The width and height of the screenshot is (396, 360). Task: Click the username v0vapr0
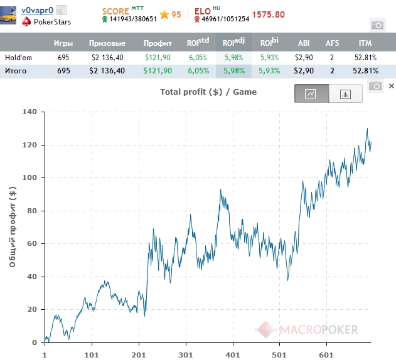(x=37, y=10)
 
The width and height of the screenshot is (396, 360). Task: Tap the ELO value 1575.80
(x=269, y=14)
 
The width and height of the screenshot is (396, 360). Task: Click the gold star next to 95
(x=165, y=14)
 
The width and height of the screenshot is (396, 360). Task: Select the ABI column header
(x=304, y=43)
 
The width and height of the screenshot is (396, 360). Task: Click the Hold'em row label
(x=18, y=57)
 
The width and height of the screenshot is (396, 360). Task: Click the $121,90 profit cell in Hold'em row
(x=158, y=57)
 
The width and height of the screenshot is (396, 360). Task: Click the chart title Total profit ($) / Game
(x=208, y=92)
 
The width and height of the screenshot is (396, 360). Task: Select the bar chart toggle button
(x=345, y=93)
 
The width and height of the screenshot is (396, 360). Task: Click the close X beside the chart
(x=391, y=86)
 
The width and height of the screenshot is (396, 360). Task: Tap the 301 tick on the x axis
(x=186, y=354)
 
